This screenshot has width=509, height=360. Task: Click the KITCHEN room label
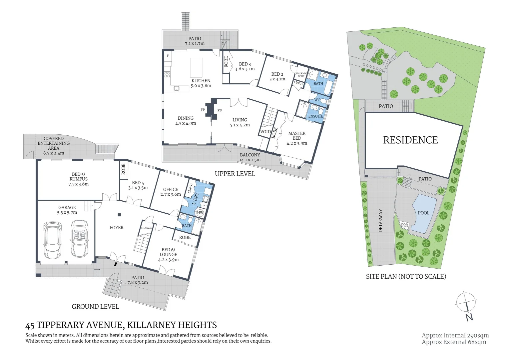pos(201,81)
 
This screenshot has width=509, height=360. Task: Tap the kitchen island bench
pos(196,68)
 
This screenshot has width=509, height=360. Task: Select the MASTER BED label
pos(297,136)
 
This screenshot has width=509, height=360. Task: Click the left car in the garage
pos(53,240)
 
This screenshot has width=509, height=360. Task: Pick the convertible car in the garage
pos(80,239)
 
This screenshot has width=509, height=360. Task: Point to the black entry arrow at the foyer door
pos(116,264)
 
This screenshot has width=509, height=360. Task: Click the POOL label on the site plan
pos(423,213)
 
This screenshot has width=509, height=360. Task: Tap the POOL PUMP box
pos(404,225)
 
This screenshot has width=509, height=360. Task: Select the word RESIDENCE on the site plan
pos(410,140)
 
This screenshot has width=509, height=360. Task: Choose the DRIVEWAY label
pos(380,221)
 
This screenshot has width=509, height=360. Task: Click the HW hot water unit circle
pos(200,213)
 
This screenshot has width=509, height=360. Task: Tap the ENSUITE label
pos(315,116)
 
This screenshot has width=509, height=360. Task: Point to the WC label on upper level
pos(317,100)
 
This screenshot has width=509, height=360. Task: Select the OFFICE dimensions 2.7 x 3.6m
pos(171,194)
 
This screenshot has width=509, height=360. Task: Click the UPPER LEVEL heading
pos(235,174)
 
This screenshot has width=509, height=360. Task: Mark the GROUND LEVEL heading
pos(95,307)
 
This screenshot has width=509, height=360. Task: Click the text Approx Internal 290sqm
pos(455,335)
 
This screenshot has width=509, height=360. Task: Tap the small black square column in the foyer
pos(119,215)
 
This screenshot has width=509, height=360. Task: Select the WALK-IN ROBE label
pos(301,75)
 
